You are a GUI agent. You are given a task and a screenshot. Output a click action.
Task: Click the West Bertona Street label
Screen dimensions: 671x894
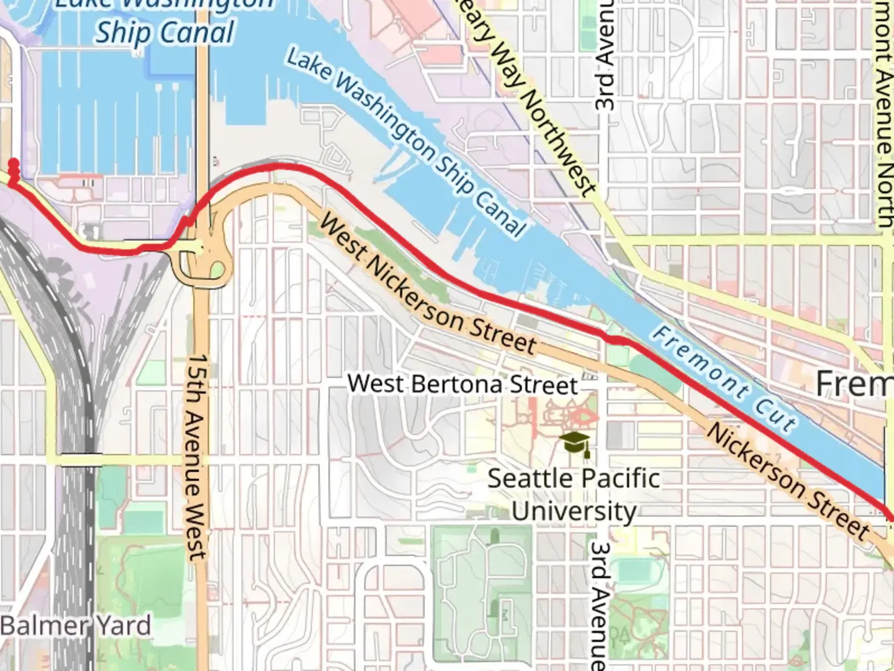[x=463, y=384]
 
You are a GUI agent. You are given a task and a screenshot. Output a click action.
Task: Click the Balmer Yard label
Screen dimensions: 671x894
[x=75, y=625]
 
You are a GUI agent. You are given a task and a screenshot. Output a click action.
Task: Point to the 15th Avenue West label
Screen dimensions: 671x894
[x=198, y=457]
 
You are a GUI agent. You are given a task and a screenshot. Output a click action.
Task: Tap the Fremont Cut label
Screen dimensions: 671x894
[x=724, y=379]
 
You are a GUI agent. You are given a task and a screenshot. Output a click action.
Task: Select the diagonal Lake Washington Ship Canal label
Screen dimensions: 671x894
[x=407, y=143]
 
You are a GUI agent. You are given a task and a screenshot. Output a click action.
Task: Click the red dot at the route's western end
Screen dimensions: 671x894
[x=13, y=164]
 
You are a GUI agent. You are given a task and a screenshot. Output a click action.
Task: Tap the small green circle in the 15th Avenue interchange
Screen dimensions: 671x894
[x=217, y=270]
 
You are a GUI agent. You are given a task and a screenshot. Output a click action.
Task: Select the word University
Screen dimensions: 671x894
[x=574, y=512]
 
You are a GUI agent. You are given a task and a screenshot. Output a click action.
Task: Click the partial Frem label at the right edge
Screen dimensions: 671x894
[x=854, y=384]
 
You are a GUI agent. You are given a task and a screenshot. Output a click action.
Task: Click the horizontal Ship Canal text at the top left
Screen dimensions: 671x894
[x=165, y=32]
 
